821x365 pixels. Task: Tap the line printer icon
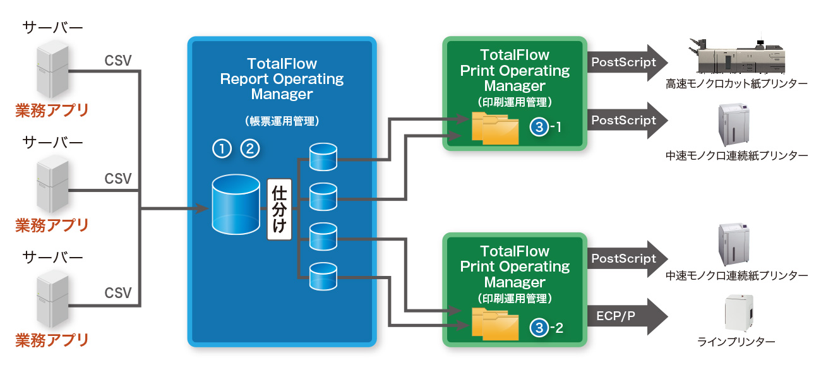click(736, 313)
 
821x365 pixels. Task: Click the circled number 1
click(222, 149)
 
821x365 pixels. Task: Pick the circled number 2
click(250, 149)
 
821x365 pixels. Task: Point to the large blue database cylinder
click(236, 203)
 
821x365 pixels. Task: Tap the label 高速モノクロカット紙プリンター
click(736, 83)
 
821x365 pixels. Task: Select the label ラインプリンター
click(736, 342)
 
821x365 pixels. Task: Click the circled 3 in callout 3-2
click(539, 327)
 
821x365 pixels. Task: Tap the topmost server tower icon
click(52, 67)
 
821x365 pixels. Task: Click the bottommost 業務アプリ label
click(52, 340)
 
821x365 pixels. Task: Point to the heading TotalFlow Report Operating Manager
click(282, 79)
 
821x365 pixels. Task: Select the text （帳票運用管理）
click(282, 120)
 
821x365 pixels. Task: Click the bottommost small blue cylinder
click(323, 276)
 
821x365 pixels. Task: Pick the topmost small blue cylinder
click(323, 157)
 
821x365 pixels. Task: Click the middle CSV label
click(118, 179)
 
